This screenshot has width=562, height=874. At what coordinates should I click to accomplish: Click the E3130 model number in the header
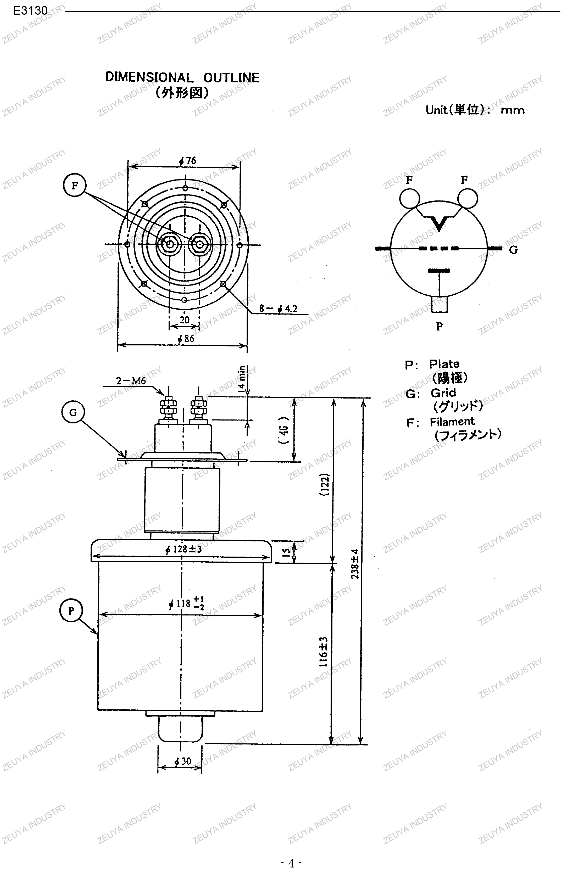pos(30,11)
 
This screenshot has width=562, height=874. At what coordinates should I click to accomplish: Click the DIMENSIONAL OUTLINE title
pos(182,77)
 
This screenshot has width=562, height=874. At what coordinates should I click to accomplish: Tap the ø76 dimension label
pos(188,161)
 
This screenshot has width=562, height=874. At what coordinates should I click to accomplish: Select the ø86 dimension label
pos(186,339)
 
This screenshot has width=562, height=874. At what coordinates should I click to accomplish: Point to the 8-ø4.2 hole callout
pos(279,309)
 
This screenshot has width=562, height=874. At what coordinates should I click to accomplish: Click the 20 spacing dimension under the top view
pos(185,320)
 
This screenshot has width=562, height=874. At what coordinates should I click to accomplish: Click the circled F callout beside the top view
pos(74,185)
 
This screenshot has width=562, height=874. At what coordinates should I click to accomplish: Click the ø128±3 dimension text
pos(183,549)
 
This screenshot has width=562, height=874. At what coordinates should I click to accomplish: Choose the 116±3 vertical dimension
pos(323,652)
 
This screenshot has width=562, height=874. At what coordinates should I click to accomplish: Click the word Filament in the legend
pos(452,422)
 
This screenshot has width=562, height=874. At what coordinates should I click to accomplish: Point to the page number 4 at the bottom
pos(291,864)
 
